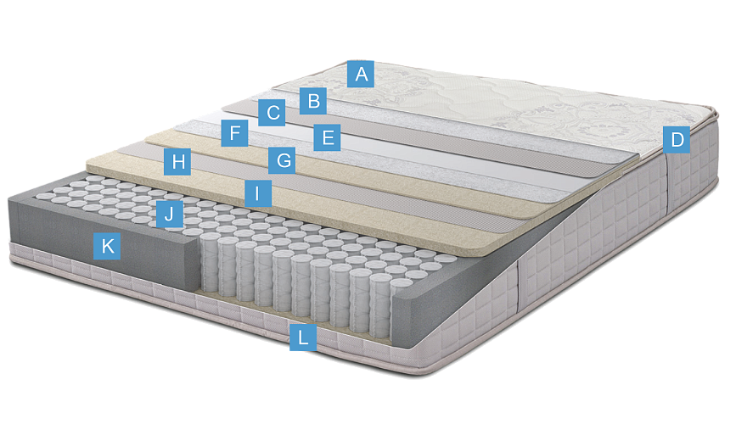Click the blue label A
coord(361,74)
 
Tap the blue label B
coord(313,100)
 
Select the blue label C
coord(272,113)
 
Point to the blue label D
coord(677,140)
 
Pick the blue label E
coord(327,137)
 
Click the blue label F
coord(234,133)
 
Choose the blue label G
coord(282,160)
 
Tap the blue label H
coord(177,162)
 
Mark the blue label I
coord(258,193)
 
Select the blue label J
coord(169,214)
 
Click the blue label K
coord(107,246)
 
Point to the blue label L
coord(303,338)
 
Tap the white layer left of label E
coord(263,131)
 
